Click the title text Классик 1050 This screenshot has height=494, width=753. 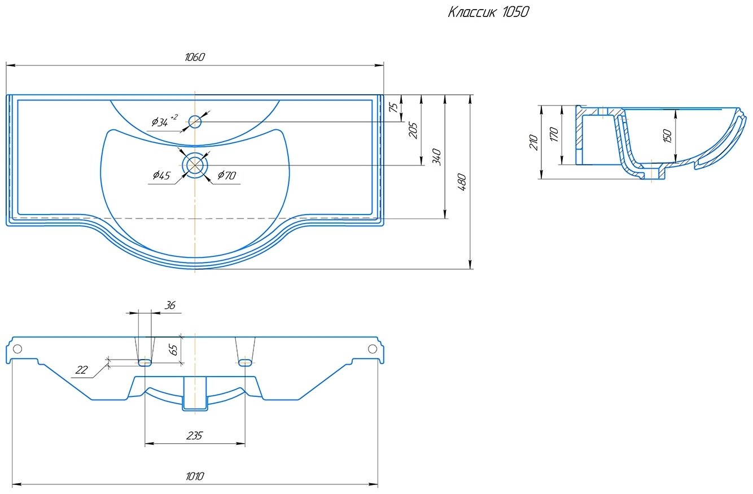pyautogui.click(x=488, y=12)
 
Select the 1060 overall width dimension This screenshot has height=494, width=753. pyautogui.click(x=195, y=57)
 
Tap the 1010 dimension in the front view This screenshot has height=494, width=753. pyautogui.click(x=195, y=476)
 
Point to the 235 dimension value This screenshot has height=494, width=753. pyautogui.click(x=194, y=436)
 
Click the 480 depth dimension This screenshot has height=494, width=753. pyautogui.click(x=462, y=182)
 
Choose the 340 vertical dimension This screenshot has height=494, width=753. pyautogui.click(x=437, y=157)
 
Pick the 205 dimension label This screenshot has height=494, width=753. pyautogui.click(x=413, y=130)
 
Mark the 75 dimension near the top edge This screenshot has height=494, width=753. pyautogui.click(x=393, y=107)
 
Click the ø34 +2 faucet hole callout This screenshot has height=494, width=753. pyautogui.click(x=164, y=120)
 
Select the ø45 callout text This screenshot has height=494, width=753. pyautogui.click(x=161, y=175)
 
